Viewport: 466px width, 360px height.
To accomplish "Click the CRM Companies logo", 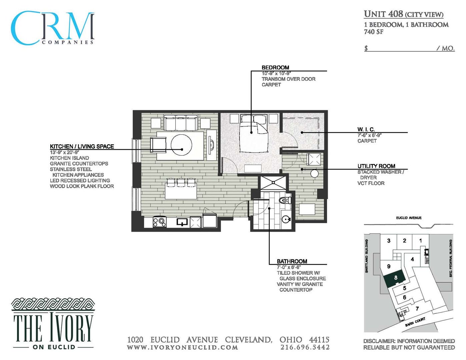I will (53, 28).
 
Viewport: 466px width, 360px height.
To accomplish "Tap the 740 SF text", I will (373, 32).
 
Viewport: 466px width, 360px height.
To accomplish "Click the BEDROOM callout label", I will (275, 67).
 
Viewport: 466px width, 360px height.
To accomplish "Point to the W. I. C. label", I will (366, 129).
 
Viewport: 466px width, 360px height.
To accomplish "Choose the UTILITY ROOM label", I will (376, 166).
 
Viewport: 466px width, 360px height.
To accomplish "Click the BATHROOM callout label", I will (292, 261).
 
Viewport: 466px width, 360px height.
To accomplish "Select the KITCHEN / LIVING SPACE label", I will (82, 146).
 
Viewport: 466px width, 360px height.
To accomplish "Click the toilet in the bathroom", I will (285, 200).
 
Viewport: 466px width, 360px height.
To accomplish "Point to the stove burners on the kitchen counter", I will (160, 222).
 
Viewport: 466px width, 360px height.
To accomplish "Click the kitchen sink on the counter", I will (182, 222).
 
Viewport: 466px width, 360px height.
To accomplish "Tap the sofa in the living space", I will (181, 123).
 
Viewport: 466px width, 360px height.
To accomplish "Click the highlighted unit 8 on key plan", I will (395, 278).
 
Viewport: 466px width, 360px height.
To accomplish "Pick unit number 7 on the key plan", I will (417, 309).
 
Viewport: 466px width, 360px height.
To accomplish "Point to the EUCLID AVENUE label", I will (409, 218).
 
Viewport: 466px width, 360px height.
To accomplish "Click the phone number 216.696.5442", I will (305, 347).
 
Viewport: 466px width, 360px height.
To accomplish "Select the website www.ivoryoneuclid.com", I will (182, 347).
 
